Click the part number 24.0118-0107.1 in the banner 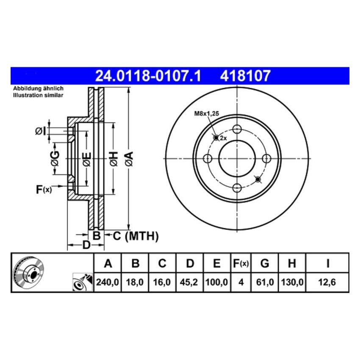(x=148, y=76)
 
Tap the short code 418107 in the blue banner (x=245, y=76)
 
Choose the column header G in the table (x=265, y=264)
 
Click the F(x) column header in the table (x=241, y=264)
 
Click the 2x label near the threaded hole (x=223, y=138)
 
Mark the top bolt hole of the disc (x=237, y=129)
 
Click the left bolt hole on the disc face (x=208, y=158)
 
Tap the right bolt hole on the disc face (x=266, y=158)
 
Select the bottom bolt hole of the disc (x=237, y=188)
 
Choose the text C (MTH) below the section (x=135, y=236)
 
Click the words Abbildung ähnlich (x=38, y=89)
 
